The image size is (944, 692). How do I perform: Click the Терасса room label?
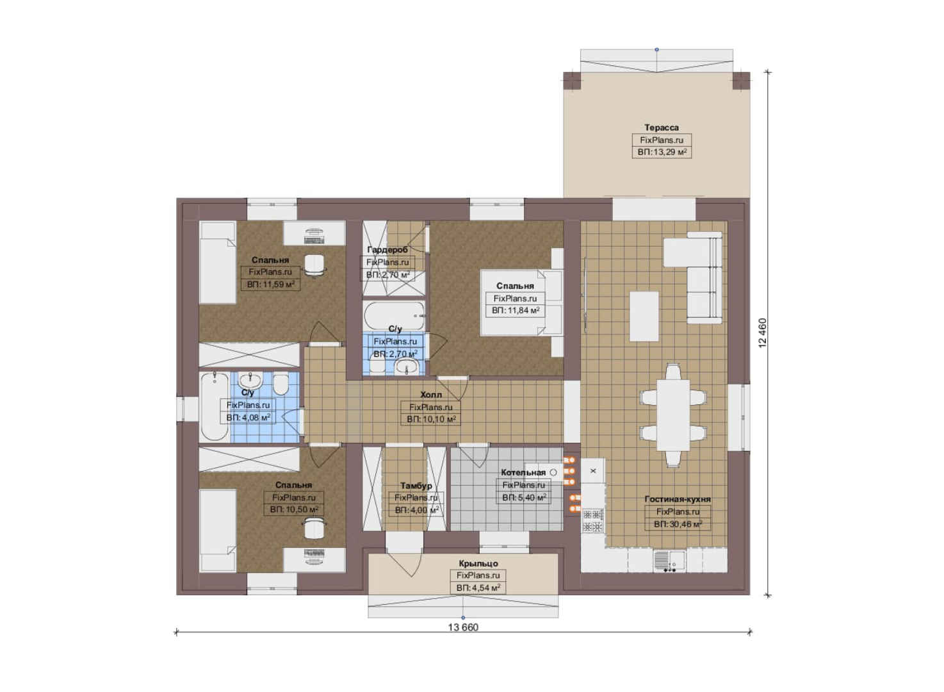tap(661, 128)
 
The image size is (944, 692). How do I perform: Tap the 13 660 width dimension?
tap(463, 627)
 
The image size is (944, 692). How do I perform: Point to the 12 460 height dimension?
tap(762, 333)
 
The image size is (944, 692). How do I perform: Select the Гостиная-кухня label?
tap(678, 499)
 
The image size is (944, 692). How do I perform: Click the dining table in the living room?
tap(673, 415)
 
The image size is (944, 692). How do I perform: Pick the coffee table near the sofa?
tap(644, 317)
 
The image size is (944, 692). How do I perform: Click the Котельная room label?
tap(523, 473)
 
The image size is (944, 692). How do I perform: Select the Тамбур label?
tap(416, 486)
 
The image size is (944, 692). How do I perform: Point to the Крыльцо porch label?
tap(478, 563)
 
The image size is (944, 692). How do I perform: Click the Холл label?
tap(431, 395)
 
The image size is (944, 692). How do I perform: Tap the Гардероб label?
tap(387, 250)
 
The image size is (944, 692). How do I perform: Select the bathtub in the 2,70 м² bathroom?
tap(395, 316)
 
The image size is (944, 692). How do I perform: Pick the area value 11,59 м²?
tap(270, 284)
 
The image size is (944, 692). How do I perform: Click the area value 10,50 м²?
tap(294, 510)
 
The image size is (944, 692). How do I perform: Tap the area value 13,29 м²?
tap(662, 152)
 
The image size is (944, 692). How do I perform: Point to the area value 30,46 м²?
tap(678, 524)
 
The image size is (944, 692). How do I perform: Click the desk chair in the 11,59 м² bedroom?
tap(314, 265)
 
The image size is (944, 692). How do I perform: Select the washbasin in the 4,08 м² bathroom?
tap(250, 380)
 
